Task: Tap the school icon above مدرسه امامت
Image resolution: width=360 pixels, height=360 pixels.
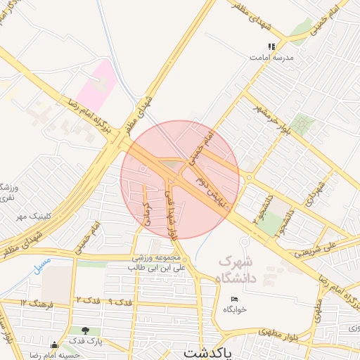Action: [x=271, y=47]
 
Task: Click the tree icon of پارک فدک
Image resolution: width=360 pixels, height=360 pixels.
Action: [x=86, y=329]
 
